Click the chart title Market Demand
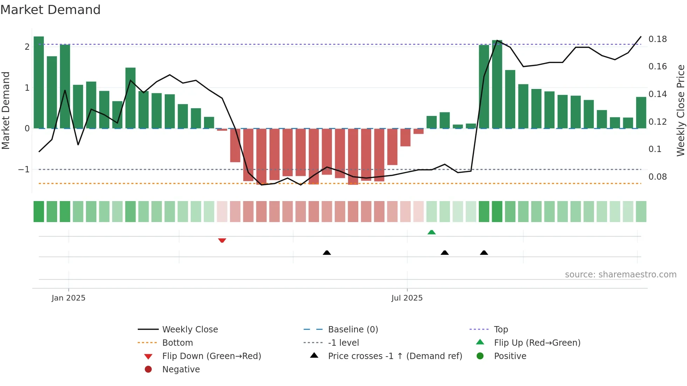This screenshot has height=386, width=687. (x=50, y=9)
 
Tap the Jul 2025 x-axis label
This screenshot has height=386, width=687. (x=407, y=298)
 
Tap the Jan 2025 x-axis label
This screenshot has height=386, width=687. (x=68, y=298)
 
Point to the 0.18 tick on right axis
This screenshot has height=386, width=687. (x=658, y=39)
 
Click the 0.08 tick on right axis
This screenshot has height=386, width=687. (x=658, y=177)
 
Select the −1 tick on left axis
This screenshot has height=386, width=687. (x=24, y=170)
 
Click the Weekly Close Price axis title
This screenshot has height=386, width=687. (x=681, y=110)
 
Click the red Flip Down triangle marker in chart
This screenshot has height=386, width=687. (x=222, y=240)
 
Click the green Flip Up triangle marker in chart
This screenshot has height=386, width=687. (x=431, y=232)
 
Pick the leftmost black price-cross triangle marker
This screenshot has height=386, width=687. (x=327, y=253)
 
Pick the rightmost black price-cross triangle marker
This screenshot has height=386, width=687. (x=484, y=253)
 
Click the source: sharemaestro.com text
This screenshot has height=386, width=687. (x=620, y=274)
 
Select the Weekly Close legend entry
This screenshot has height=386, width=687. (x=190, y=329)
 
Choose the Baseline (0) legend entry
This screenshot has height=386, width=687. (x=353, y=329)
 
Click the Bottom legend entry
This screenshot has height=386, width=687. (x=177, y=343)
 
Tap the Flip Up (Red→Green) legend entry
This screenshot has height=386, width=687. (x=537, y=343)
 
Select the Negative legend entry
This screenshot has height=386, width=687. (x=181, y=369)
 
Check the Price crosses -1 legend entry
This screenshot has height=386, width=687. (x=395, y=356)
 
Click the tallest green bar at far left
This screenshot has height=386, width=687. (x=39, y=82)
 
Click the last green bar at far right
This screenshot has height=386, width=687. (x=641, y=112)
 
